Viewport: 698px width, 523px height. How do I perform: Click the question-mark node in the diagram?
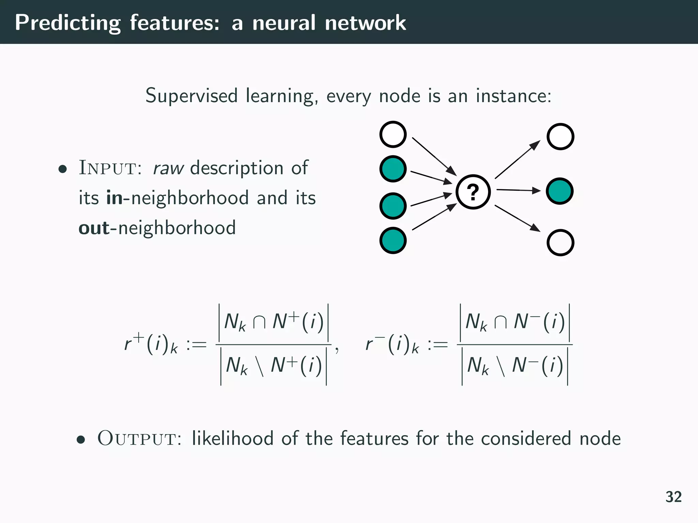pyautogui.click(x=473, y=192)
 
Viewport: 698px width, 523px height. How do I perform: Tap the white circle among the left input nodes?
pyautogui.click(x=393, y=134)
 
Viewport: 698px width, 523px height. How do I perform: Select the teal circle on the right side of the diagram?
pyautogui.click(x=560, y=191)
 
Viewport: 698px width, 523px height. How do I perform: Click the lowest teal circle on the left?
pyautogui.click(x=393, y=240)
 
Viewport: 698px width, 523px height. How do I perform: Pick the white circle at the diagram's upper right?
pyautogui.click(x=560, y=137)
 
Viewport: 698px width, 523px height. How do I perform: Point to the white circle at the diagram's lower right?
pyautogui.click(x=560, y=242)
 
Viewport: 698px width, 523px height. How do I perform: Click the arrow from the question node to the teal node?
pyautogui.click(x=518, y=190)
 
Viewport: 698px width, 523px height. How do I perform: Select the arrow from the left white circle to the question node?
pyautogui.click(x=434, y=156)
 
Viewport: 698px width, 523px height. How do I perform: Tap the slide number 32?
pyautogui.click(x=673, y=497)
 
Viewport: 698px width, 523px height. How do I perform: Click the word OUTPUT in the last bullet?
pyautogui.click(x=139, y=438)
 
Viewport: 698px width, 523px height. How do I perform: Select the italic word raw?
pyautogui.click(x=168, y=168)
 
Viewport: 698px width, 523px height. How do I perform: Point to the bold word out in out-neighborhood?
pyautogui.click(x=94, y=228)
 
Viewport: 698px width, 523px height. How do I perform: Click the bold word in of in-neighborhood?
pyautogui.click(x=115, y=198)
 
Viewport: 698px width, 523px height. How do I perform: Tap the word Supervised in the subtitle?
pyautogui.click(x=191, y=96)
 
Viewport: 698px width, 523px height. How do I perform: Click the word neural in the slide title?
pyautogui.click(x=284, y=23)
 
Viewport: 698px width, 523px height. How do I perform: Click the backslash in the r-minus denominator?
pyautogui.click(x=500, y=366)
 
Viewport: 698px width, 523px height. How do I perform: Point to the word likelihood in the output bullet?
pyautogui.click(x=232, y=438)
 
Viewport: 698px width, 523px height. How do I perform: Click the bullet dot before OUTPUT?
pyautogui.click(x=81, y=440)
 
